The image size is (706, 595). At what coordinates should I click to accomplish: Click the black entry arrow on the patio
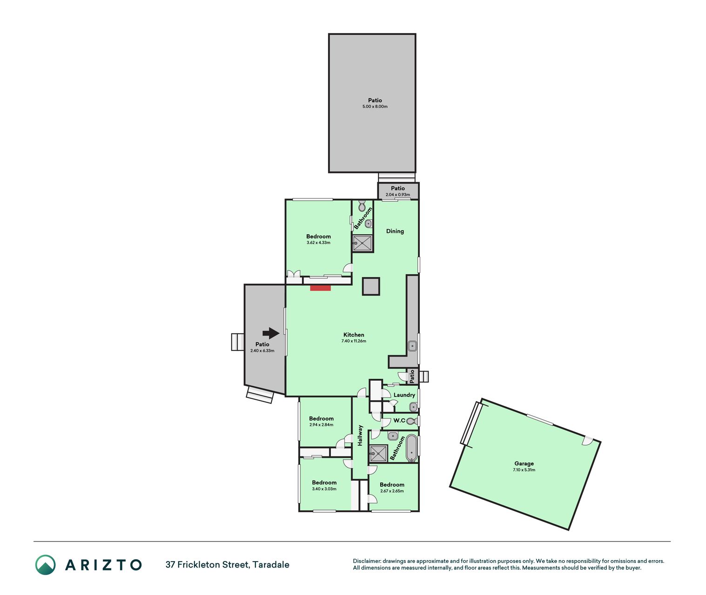[x=271, y=333]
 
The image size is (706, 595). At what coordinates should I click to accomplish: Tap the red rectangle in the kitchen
[x=320, y=288]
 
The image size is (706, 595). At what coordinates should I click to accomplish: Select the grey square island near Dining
[x=371, y=286]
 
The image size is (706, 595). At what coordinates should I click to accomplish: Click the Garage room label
[x=524, y=463]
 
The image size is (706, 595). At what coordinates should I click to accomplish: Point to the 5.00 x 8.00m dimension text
[x=375, y=106]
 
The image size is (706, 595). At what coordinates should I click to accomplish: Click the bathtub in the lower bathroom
[x=411, y=448]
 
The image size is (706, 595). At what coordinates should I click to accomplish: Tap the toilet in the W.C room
[x=411, y=421]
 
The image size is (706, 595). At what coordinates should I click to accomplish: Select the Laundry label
[x=404, y=395]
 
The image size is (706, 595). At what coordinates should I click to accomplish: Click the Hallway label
[x=360, y=435]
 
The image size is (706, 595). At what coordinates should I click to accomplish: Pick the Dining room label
[x=395, y=231]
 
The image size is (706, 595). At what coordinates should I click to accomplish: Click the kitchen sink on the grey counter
[x=412, y=346]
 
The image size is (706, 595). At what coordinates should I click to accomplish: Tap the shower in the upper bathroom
[x=363, y=243]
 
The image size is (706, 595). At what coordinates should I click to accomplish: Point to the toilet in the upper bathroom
[x=362, y=205]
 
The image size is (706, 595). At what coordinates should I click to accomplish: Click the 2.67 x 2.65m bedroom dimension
[x=392, y=491]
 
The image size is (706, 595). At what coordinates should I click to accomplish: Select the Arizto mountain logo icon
[x=45, y=565]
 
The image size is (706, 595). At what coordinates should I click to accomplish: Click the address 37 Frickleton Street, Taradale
[x=227, y=565]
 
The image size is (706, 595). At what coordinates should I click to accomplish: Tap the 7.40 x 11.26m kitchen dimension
[x=354, y=341]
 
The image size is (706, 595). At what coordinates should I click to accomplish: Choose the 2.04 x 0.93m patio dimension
[x=398, y=194]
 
